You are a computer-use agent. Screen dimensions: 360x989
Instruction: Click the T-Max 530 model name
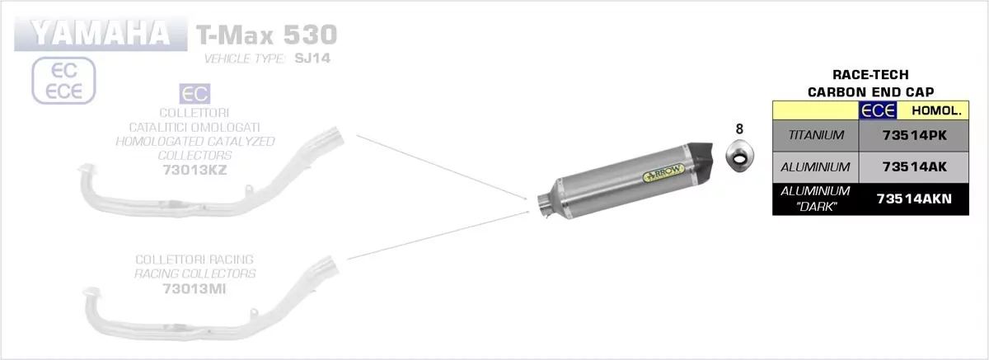pyautogui.click(x=266, y=35)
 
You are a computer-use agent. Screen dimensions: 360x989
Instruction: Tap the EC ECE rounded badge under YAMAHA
pyautogui.click(x=64, y=81)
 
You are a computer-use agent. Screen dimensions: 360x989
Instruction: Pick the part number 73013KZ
pyautogui.click(x=195, y=171)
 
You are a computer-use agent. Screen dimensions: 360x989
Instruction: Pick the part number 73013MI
pyautogui.click(x=195, y=288)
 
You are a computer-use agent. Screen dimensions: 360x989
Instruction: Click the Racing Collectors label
pyautogui.click(x=195, y=274)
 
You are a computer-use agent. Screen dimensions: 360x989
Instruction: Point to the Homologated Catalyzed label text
pyautogui.click(x=195, y=141)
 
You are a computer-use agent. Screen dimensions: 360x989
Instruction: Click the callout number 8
pyautogui.click(x=739, y=129)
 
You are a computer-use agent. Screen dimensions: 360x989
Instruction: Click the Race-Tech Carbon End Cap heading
pyautogui.click(x=860, y=85)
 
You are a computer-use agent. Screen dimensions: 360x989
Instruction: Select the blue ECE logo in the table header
pyautogui.click(x=878, y=110)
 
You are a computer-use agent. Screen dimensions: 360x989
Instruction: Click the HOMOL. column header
pyautogui.click(x=925, y=110)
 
